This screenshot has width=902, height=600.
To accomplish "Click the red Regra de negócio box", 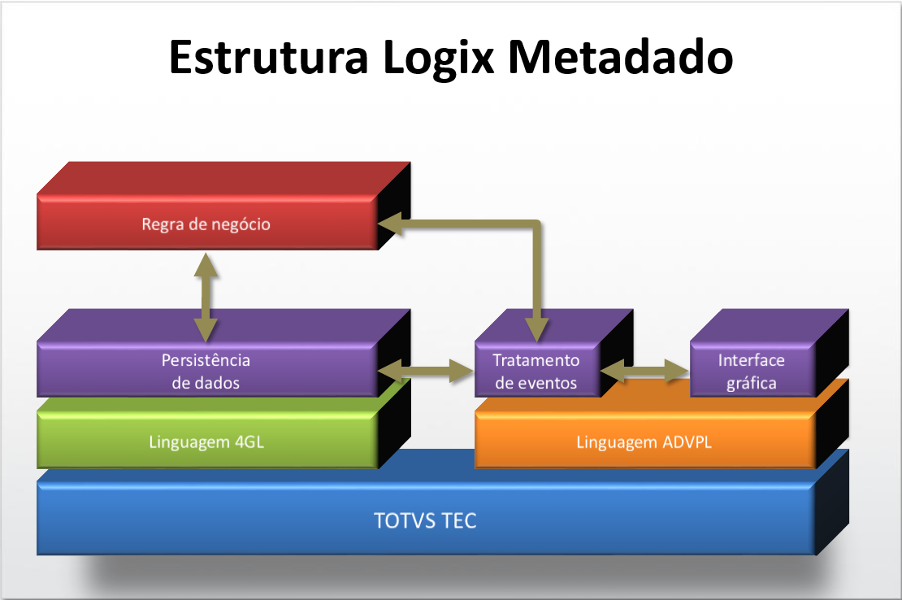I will click(x=206, y=224).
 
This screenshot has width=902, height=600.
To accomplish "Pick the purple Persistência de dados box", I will click(x=206, y=370).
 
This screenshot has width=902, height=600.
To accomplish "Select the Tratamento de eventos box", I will click(x=536, y=371).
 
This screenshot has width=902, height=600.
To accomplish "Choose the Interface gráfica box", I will click(x=752, y=371).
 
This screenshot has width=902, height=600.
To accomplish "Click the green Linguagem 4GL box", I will click(x=206, y=442).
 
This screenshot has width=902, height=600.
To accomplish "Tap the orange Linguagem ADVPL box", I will click(x=644, y=443).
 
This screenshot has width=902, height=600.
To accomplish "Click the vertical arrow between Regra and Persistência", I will click(x=206, y=297).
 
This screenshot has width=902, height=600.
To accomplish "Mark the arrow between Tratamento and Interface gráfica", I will click(x=645, y=372).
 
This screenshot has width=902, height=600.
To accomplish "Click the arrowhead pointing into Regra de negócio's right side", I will click(x=388, y=224).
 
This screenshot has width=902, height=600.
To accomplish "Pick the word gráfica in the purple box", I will click(x=752, y=383).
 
